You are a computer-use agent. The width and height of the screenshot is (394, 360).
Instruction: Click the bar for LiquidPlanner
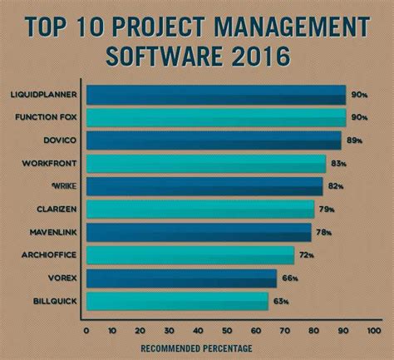[x=216, y=95]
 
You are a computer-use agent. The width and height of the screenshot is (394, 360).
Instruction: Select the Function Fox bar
[x=216, y=118]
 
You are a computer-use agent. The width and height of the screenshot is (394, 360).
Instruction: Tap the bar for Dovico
[x=214, y=141]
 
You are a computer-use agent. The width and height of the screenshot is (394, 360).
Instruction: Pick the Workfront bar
[x=206, y=164]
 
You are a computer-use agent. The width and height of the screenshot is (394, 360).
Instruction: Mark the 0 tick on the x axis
[x=86, y=329]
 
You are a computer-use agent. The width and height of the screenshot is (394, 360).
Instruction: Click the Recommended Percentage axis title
[x=196, y=348]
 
